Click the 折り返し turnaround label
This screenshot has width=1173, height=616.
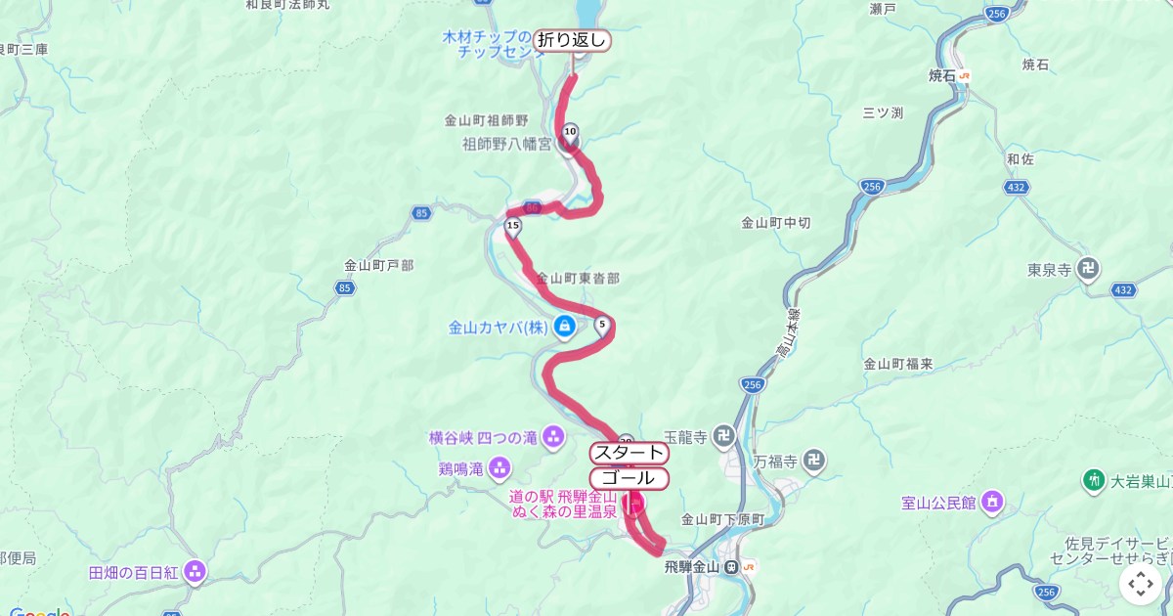pos(572,40)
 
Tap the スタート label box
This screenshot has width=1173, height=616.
pos(630,453)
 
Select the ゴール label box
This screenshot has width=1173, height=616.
pos(629,478)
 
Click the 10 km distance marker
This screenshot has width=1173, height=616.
pos(570,131)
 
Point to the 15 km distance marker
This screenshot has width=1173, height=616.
pos(512,227)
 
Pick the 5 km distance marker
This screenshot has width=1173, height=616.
pos(601,325)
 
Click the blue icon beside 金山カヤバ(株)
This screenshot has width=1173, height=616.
pos(564,327)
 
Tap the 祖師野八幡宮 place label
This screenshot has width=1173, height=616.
pos(506,145)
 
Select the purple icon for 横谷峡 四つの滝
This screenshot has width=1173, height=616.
pos(554,434)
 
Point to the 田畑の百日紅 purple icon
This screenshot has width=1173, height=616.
pos(195,571)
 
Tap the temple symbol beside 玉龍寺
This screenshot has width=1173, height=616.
pos(723,435)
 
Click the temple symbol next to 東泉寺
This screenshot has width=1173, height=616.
pos(1089,268)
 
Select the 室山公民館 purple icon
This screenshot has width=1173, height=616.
pos(993,503)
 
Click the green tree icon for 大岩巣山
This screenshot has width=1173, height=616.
pos(1094,480)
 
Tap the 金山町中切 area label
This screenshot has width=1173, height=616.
pos(776,222)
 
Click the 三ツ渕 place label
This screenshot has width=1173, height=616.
pos(883,112)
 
